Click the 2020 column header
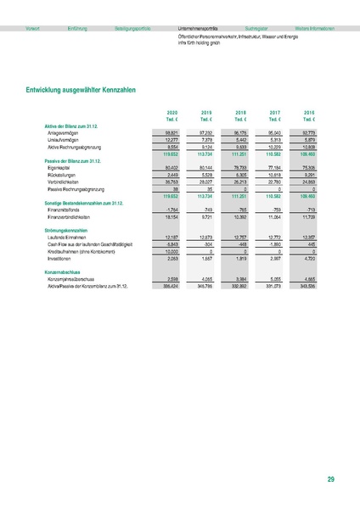(x=172, y=112)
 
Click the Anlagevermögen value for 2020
(x=171, y=132)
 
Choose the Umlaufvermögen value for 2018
(x=239, y=139)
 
